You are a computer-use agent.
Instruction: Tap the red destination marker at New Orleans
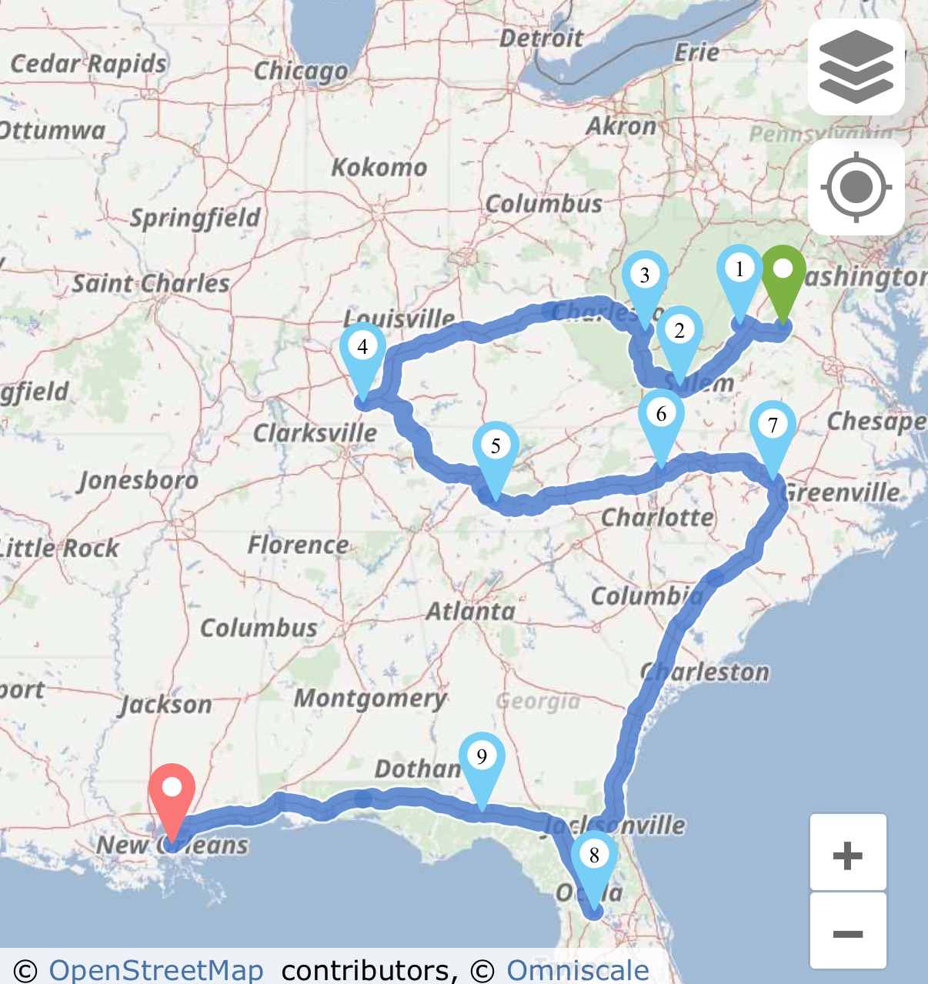click(172, 796)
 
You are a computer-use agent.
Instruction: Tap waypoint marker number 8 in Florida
click(594, 862)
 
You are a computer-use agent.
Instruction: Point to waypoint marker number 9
click(482, 763)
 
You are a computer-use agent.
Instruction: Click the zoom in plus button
click(848, 854)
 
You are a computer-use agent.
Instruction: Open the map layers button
click(856, 67)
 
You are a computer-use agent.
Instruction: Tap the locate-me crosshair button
click(856, 187)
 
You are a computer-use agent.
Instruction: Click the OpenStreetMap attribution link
click(156, 969)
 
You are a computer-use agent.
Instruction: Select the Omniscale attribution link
click(577, 969)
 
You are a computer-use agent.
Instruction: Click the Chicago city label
click(301, 71)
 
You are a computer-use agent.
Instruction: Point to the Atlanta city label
click(471, 612)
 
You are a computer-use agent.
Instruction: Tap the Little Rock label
click(60, 549)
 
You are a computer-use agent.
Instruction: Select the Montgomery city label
click(370, 699)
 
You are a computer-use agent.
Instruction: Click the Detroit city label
click(541, 38)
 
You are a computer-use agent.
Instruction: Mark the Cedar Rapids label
click(88, 64)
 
